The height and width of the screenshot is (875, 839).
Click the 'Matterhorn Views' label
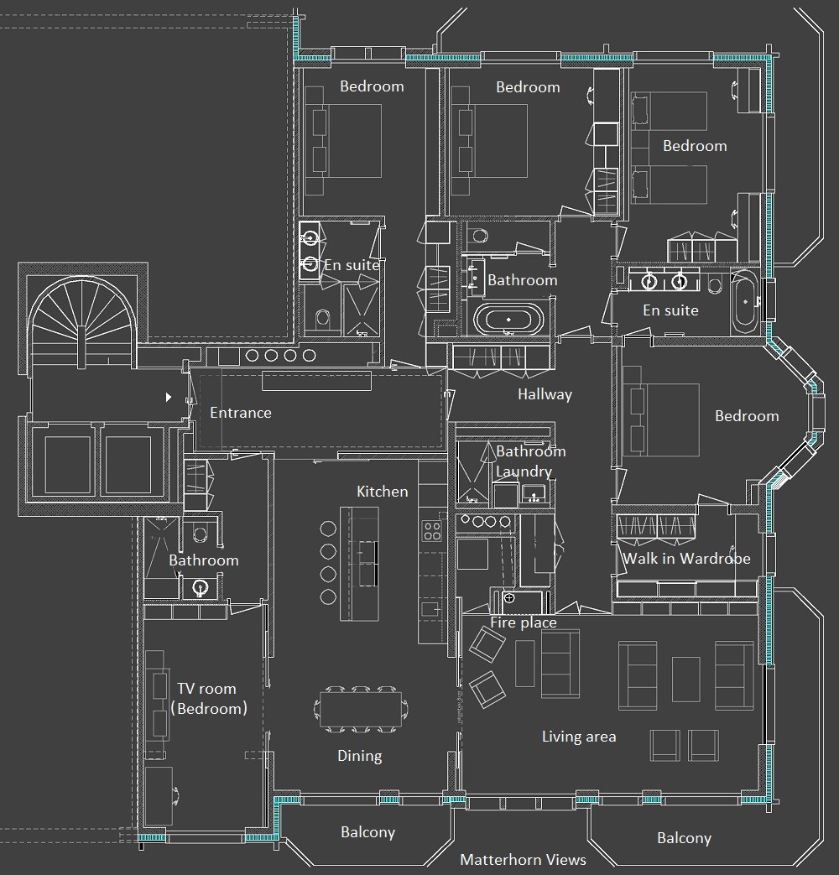pos(523,859)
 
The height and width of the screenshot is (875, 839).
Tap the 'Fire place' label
pos(524,622)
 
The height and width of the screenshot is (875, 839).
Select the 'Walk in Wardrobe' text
pos(686,558)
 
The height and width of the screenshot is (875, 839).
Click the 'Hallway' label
pos(545,394)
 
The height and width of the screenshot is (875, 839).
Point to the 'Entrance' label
pos(241,413)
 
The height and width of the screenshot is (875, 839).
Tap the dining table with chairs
pos(361,709)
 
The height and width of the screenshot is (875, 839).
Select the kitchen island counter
pos(359,564)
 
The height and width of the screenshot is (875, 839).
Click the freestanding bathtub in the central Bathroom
pos(508,320)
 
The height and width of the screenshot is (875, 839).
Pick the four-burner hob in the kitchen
pos(433,530)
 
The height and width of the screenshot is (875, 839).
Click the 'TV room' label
pos(206,689)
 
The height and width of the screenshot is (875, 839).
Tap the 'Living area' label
pos(579,737)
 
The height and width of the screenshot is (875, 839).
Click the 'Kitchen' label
pos(383,491)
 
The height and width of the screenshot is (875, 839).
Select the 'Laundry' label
pos(524,471)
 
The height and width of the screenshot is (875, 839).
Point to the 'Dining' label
pos(359,756)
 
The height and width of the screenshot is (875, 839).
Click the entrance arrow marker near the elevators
pos(168,398)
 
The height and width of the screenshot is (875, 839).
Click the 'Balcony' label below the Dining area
pos(367,832)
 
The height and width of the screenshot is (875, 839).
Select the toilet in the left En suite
pos(323,320)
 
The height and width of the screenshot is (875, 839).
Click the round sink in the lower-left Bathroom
pos(200,587)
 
